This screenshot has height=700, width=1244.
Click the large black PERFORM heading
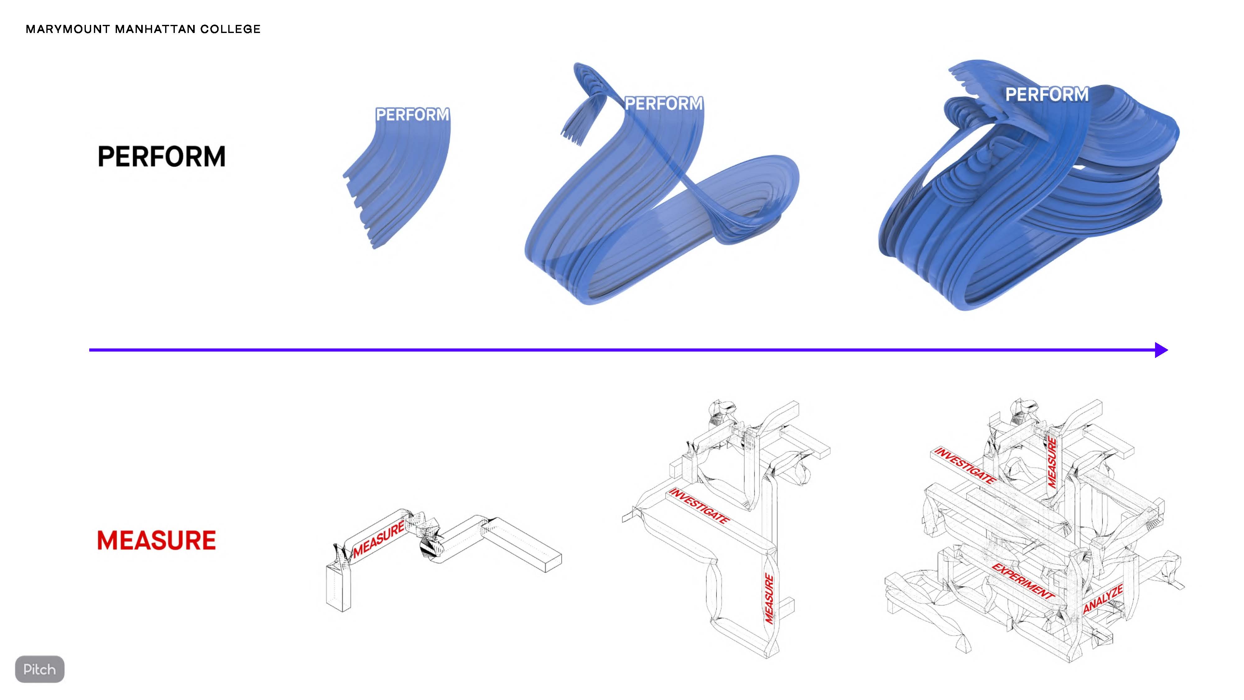pyautogui.click(x=161, y=156)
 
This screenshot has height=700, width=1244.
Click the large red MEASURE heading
pyautogui.click(x=156, y=540)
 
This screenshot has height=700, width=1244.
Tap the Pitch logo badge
pyautogui.click(x=39, y=669)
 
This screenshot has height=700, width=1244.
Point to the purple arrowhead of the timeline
pyautogui.click(x=1161, y=350)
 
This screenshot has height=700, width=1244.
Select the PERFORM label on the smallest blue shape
pyautogui.click(x=412, y=114)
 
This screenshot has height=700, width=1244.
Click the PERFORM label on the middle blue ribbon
pyautogui.click(x=664, y=103)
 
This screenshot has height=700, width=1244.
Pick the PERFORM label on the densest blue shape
pyautogui.click(x=1047, y=94)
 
